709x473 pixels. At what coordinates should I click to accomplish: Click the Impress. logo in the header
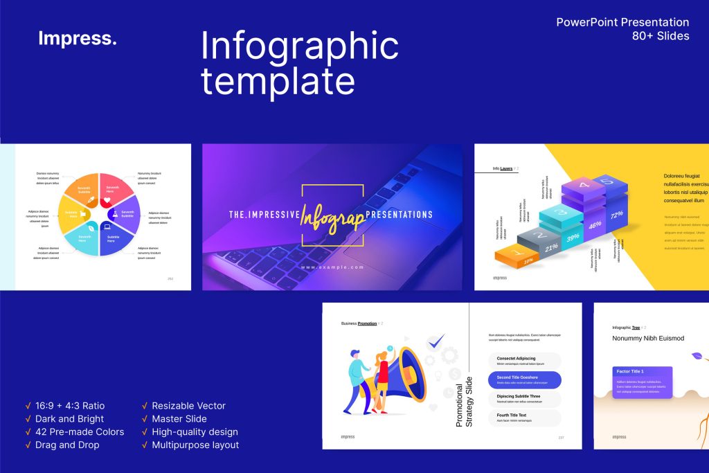pos(78,39)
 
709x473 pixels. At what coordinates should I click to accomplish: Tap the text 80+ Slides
pos(661,36)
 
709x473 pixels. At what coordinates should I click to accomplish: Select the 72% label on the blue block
pos(616,214)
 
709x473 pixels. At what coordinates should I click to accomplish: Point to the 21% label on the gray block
pos(551,247)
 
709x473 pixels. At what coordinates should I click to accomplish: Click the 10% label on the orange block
pos(528,261)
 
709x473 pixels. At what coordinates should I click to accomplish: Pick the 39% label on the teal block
pos(573,237)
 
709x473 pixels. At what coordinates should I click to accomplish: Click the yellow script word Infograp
pos(332,216)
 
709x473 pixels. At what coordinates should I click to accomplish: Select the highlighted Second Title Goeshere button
pos(525,380)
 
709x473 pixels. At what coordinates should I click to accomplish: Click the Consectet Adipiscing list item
pos(525,360)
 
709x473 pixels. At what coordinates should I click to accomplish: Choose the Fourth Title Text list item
pos(525,418)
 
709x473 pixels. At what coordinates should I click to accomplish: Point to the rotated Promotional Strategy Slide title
pos(464,402)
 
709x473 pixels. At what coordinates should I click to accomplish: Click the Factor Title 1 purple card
pos(642,382)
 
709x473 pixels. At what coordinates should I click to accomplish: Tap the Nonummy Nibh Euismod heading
pos(648,339)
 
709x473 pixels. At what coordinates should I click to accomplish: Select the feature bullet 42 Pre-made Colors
pos(79,431)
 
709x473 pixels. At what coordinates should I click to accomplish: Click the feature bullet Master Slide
pos(179,418)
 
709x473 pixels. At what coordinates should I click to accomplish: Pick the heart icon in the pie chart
pos(107,201)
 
